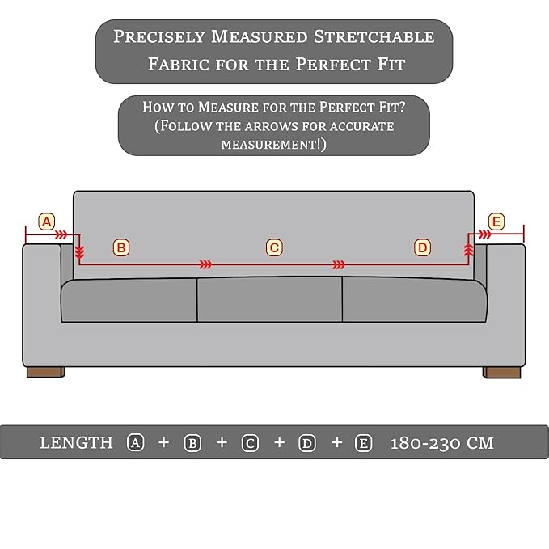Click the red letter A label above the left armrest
click(47, 222)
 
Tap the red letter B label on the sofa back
click(121, 248)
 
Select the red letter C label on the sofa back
click(274, 248)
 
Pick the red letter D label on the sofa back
click(423, 248)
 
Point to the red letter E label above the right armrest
click(496, 222)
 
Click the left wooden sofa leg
click(46, 372)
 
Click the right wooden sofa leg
click(502, 372)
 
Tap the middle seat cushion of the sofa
click(269, 299)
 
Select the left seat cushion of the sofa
click(129, 301)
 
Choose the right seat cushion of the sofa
click(415, 300)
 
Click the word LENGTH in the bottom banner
click(76, 442)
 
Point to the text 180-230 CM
click(441, 443)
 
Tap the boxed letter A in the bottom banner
click(136, 443)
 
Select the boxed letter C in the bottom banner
click(250, 443)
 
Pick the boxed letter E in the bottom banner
click(363, 443)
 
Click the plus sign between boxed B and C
click(222, 442)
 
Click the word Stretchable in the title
click(374, 36)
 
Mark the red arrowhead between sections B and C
click(205, 264)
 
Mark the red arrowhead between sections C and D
click(339, 264)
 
